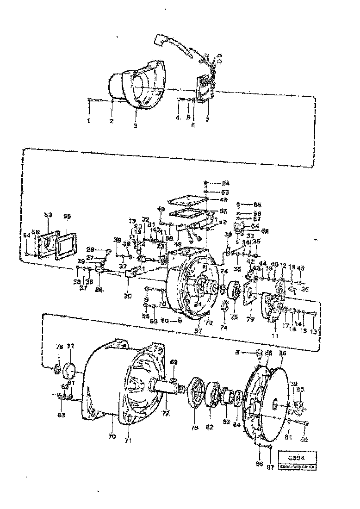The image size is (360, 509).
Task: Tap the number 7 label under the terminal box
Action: click(x=207, y=120)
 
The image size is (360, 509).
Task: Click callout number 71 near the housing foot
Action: click(x=128, y=440)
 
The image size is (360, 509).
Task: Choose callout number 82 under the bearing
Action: click(x=210, y=427)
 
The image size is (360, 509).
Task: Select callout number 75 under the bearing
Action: click(x=234, y=317)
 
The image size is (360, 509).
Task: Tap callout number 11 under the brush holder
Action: click(x=274, y=336)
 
